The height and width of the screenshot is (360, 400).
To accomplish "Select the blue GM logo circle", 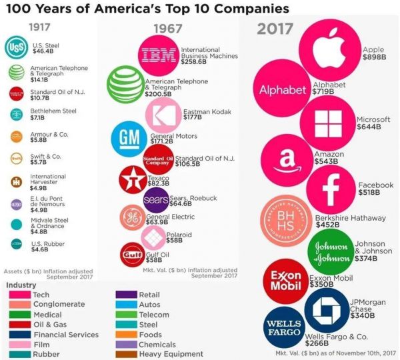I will pyautogui.click(x=129, y=138).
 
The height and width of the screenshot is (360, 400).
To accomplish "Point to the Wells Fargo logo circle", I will pyautogui.click(x=285, y=329).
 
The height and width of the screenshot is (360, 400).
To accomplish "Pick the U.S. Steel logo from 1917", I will pyautogui.click(x=16, y=49).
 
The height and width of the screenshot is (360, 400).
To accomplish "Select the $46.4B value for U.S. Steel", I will pyautogui.click(x=43, y=51).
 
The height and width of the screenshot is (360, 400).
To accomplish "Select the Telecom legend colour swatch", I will pyautogui.click(x=127, y=315).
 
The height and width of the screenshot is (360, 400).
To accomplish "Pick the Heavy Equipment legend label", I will pyautogui.click(x=170, y=354).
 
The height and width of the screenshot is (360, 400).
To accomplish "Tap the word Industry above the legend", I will pyautogui.click(x=21, y=285).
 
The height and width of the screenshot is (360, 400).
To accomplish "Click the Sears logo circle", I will pyautogui.click(x=157, y=199).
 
